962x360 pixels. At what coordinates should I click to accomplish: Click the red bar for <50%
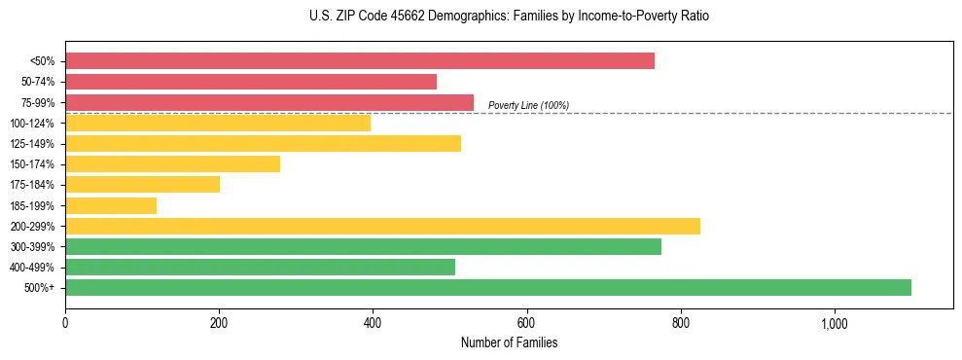tap(359, 61)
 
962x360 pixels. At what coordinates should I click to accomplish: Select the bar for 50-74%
tap(250, 82)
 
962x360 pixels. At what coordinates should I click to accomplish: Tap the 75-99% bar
tap(268, 102)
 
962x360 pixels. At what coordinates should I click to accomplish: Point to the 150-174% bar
tap(172, 163)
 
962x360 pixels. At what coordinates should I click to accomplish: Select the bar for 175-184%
tap(142, 184)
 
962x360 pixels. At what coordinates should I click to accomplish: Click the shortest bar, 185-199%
tap(110, 205)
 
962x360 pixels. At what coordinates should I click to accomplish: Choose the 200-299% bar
tap(382, 226)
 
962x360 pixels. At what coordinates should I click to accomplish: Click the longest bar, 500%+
tap(487, 287)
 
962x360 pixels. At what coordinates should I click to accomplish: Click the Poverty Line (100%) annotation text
tap(528, 105)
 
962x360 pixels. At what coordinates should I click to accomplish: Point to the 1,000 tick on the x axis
tap(835, 323)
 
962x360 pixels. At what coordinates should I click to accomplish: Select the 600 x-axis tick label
tap(526, 323)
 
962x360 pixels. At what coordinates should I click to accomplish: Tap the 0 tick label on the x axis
tap(65, 323)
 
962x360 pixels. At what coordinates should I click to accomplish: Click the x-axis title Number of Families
tap(509, 342)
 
